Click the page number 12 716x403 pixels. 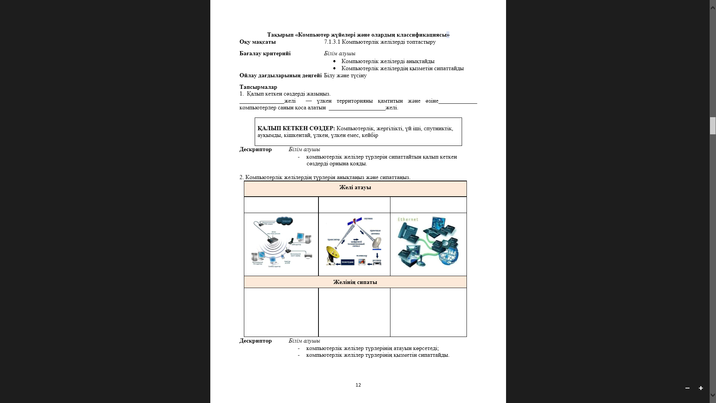pos(358,385)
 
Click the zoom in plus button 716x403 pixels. pos(701,388)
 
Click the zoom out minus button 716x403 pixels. pos(687,388)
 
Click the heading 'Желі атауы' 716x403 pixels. pos(355,187)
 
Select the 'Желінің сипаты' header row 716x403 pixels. pos(355,282)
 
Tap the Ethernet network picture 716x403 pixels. pos(428,244)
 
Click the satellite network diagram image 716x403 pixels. pos(354,243)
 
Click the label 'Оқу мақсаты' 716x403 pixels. pos(258,42)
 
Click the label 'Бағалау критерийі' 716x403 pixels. pos(265,53)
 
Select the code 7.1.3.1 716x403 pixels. pos(332,42)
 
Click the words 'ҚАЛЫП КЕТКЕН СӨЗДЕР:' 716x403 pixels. pos(296,128)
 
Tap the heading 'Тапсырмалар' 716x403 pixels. pos(258,87)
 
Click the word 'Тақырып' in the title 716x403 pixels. pos(280,35)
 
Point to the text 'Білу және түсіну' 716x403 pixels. pos(345,75)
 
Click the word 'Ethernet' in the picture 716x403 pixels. pos(408,219)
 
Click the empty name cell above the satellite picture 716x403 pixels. pos(354,205)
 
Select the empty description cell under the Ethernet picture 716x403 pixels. pos(428,312)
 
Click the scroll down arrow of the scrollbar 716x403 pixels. pos(713,395)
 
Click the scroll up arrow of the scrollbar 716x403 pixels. pos(713,7)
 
